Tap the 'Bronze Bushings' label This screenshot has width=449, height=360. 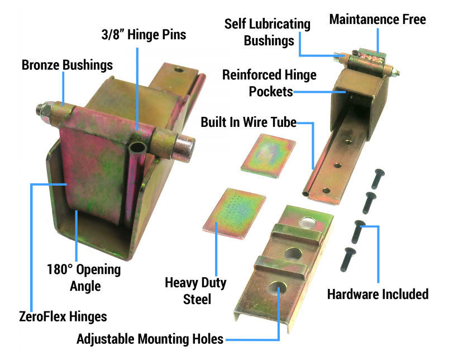[x=67, y=65]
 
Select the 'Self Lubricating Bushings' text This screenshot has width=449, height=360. [x=267, y=32]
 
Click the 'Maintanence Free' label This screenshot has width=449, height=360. [x=377, y=20]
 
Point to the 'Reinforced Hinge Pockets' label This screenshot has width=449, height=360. [x=269, y=83]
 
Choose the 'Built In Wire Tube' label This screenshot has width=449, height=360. [x=249, y=122]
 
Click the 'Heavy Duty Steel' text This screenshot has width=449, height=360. [x=195, y=291]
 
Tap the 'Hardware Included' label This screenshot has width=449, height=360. [x=378, y=293]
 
